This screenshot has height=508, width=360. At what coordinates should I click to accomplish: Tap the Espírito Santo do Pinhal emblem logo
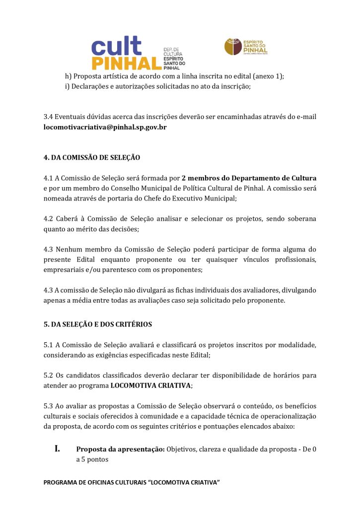[x=246, y=47]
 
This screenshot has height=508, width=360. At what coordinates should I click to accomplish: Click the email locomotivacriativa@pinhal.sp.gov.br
[x=105, y=127]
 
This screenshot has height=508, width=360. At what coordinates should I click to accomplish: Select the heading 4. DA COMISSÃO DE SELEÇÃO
[x=92, y=158]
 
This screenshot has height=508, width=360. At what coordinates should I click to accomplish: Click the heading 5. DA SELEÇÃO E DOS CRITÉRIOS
[x=98, y=324]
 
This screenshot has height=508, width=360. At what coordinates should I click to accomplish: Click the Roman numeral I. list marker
[x=58, y=449]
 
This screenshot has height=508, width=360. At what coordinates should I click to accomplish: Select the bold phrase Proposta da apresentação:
[x=120, y=449]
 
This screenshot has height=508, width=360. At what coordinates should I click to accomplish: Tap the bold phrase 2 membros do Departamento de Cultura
[x=249, y=178]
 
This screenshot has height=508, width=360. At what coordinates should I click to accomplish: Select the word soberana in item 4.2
[x=302, y=219]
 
